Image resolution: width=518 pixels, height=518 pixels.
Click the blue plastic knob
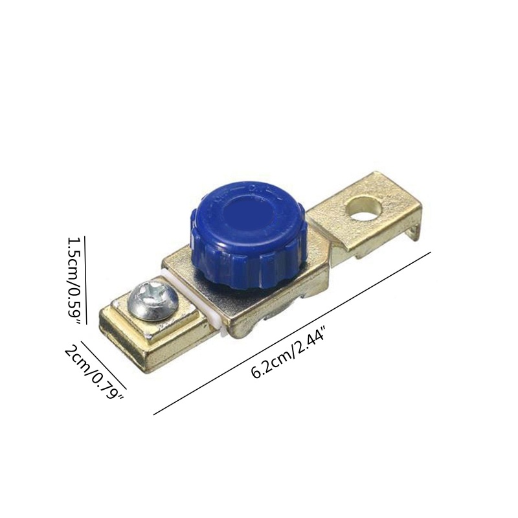249,233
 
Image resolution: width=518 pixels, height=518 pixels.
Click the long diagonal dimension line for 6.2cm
293,333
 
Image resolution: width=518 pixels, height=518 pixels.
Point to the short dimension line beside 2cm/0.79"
104,365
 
